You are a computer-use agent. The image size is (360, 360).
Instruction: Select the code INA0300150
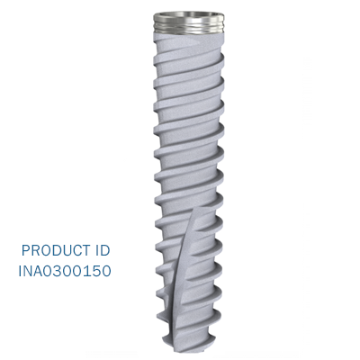[x=66, y=270]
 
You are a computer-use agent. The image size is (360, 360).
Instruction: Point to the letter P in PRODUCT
[x=25, y=250]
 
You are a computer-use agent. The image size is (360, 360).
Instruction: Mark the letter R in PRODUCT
[x=35, y=250]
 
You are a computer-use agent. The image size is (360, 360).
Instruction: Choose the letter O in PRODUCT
[x=45, y=250]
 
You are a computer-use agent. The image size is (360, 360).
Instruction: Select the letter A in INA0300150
[x=40, y=270]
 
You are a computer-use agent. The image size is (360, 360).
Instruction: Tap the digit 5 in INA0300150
[x=96, y=270]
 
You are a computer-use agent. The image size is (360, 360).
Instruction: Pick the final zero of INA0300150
[x=106, y=270]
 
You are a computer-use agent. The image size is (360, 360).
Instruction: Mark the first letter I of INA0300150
[x=22, y=270]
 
